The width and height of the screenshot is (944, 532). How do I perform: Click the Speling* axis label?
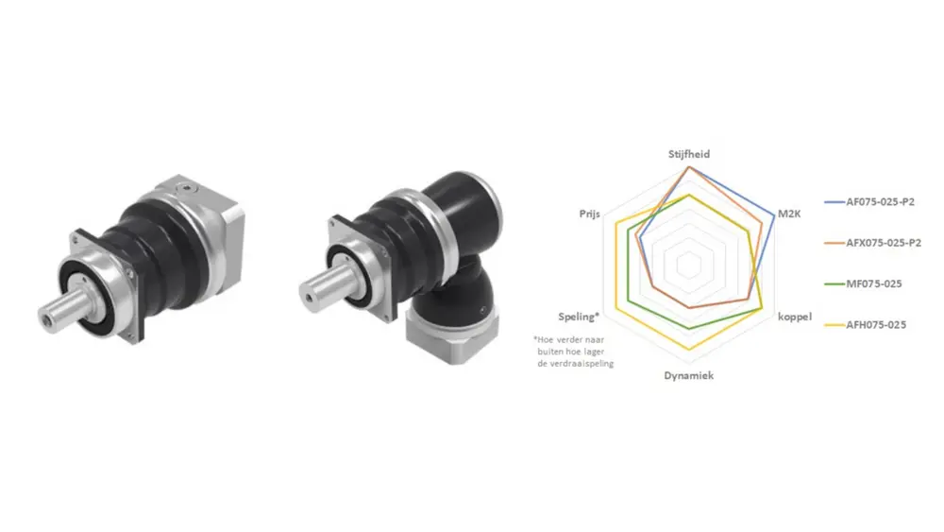579,317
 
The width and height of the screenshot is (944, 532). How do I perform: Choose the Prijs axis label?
591,215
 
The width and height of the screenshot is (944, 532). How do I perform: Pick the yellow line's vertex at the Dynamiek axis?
690,351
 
